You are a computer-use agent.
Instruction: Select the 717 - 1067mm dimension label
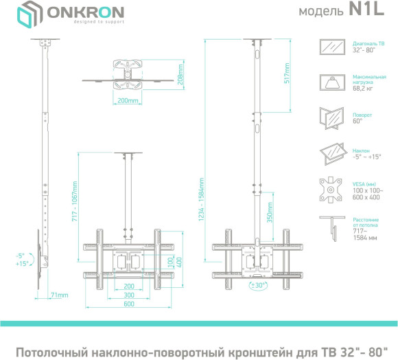click(75, 201)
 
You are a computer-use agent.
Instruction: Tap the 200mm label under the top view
click(128, 101)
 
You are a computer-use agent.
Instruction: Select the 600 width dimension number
click(128, 304)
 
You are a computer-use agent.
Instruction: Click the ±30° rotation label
click(258, 283)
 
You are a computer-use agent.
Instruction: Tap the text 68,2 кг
click(364, 88)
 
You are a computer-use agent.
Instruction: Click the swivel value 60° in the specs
click(357, 121)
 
